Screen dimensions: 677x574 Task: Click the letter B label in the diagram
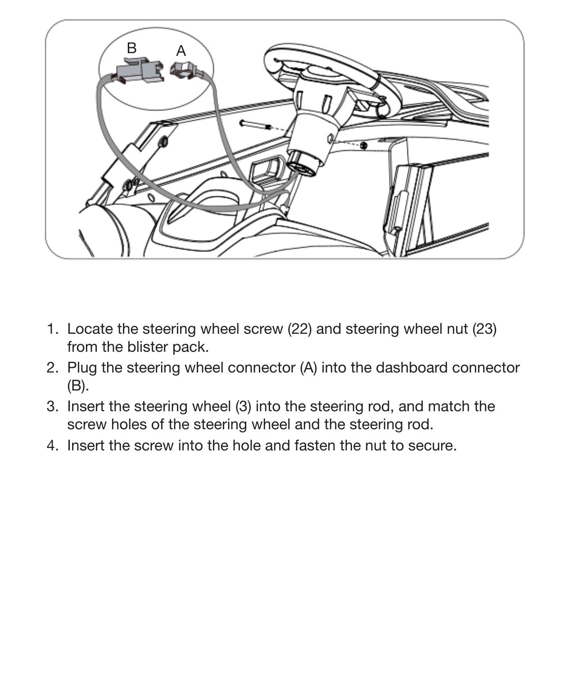tap(131, 48)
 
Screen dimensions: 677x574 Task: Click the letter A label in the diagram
tap(181, 51)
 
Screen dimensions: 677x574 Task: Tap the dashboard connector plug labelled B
tap(139, 72)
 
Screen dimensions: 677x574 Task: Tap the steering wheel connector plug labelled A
tap(184, 70)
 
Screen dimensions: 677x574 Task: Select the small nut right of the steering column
tap(363, 145)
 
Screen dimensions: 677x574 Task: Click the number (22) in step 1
tap(299, 329)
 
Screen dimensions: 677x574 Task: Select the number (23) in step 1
tap(484, 329)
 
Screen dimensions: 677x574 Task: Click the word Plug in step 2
tap(82, 368)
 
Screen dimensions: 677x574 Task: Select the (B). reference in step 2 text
tap(78, 386)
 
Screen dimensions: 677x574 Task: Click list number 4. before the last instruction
tap(53, 446)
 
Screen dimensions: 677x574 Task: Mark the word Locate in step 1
tap(90, 329)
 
